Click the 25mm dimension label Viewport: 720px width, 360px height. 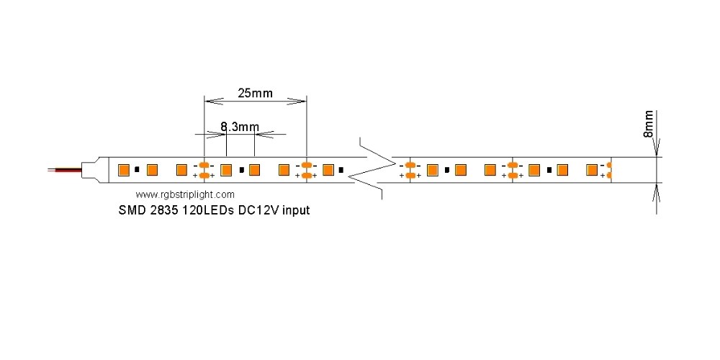[256, 93]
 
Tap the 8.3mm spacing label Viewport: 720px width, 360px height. [240, 127]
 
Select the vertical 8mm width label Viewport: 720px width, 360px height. [648, 124]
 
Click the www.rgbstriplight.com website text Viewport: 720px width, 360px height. [185, 194]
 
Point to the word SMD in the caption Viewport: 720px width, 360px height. [131, 211]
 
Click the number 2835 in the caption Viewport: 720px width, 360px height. [166, 211]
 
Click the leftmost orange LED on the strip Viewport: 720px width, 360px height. [123, 170]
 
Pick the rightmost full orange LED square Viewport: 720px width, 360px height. [592, 170]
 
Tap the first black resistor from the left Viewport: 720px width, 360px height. [137, 170]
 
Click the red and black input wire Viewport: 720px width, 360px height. [65, 171]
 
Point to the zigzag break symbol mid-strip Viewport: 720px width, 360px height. [374, 171]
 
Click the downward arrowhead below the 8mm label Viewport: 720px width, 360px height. [656, 150]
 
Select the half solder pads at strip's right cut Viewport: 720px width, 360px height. [609, 170]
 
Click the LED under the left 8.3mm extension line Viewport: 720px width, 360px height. [225, 170]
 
